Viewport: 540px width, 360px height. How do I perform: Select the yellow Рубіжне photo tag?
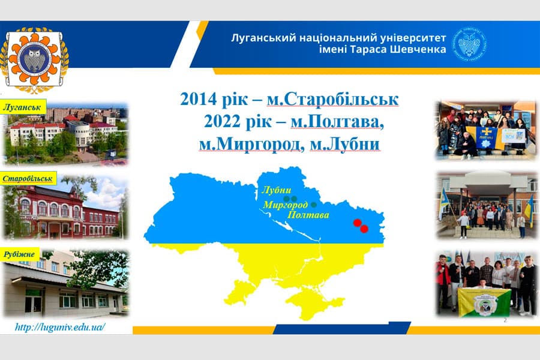(x=22, y=254)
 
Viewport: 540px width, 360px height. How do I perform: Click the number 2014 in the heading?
(x=197, y=99)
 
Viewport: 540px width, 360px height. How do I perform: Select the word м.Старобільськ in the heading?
(x=333, y=99)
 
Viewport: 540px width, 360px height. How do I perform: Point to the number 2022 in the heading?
(x=221, y=122)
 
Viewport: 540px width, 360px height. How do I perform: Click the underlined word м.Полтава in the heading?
(x=337, y=122)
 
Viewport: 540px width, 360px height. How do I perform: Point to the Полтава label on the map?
(x=308, y=215)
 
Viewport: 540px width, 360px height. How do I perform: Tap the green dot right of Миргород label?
(x=314, y=205)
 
